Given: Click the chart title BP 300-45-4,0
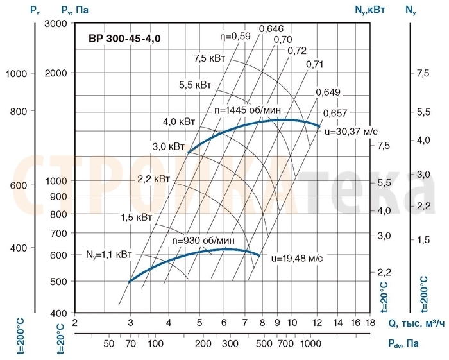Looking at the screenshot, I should coord(124,39).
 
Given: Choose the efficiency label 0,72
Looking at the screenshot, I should coord(298,51).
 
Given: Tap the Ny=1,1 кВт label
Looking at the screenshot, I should coord(108,255).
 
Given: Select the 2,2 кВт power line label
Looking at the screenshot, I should coord(154,178).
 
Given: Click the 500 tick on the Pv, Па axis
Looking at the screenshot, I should coord(59,281).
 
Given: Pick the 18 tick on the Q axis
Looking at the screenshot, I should coord(369,323).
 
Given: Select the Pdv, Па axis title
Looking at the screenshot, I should coord(403,344).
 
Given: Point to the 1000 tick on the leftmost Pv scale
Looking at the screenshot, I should coord(17,74).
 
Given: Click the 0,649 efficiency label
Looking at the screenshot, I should coord(328,92).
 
